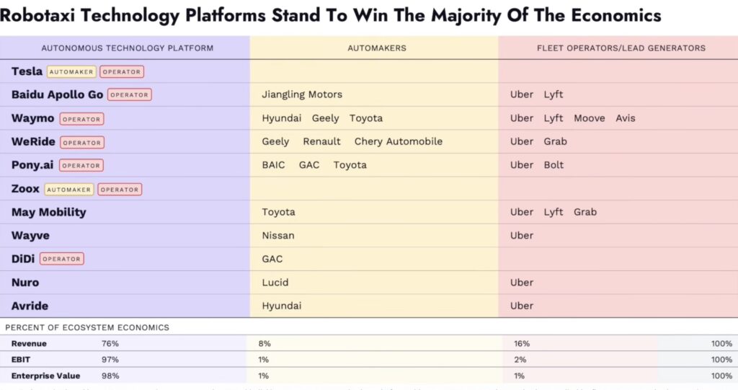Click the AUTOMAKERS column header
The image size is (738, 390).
coord(377,48)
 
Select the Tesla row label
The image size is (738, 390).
coord(27,71)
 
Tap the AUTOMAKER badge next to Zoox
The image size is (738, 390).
coord(70,190)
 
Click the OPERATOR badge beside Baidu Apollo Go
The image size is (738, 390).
coord(130,94)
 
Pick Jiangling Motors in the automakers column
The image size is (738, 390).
coord(302,94)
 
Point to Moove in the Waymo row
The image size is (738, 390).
coord(590,118)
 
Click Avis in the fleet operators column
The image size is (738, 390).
coord(626,118)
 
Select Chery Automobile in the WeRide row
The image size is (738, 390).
coord(399,141)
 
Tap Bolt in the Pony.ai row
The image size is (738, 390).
coord(554,165)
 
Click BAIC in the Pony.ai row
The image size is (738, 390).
coord(274,165)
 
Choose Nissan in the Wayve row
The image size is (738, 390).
coord(278,235)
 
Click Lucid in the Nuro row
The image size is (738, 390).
coord(275,282)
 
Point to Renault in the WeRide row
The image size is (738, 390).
coord(322,141)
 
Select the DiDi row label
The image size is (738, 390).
coord(23,259)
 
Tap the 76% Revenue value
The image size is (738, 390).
coord(110,344)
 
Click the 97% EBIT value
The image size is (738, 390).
coord(110,360)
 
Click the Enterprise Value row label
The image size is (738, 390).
coord(45,376)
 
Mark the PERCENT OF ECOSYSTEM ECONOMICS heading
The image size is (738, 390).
coord(87,327)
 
